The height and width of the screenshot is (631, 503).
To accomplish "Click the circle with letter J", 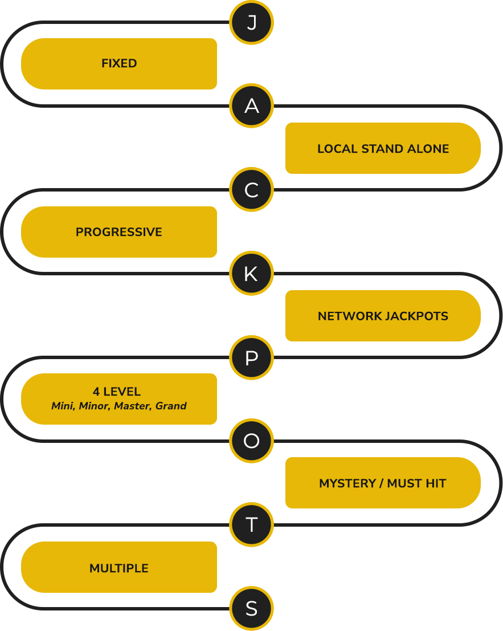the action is coord(252,23).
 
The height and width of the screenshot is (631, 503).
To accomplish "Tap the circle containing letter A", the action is coord(252,106).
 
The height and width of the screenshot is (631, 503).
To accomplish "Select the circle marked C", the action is coord(252,190).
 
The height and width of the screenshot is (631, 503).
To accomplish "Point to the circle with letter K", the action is coord(252,274).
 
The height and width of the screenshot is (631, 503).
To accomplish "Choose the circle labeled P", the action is coord(252,357).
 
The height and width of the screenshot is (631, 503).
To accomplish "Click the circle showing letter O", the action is coord(252,441).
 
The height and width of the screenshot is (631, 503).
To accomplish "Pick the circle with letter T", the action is coord(252,525).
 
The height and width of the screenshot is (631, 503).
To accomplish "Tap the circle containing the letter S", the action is coord(252,608).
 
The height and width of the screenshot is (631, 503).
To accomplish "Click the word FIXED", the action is coord(119,64).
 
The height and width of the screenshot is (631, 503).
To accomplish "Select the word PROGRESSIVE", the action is coord(119,232).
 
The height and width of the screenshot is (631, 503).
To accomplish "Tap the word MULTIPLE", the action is coord(119,568).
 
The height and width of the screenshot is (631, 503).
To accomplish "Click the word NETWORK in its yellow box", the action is coord(350,316).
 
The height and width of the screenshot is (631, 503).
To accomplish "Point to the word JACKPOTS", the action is coord(416,316).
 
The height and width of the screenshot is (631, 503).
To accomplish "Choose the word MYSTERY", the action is coord(347,483).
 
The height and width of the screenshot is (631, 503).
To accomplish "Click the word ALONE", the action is coord(428,149).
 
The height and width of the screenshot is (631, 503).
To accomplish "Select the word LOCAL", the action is coord(338,149).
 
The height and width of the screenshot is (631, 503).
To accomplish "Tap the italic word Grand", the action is coord(171,406).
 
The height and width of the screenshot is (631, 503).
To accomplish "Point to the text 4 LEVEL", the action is coord(117,392).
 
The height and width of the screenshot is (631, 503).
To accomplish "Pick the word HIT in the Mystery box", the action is coord(436,483).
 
